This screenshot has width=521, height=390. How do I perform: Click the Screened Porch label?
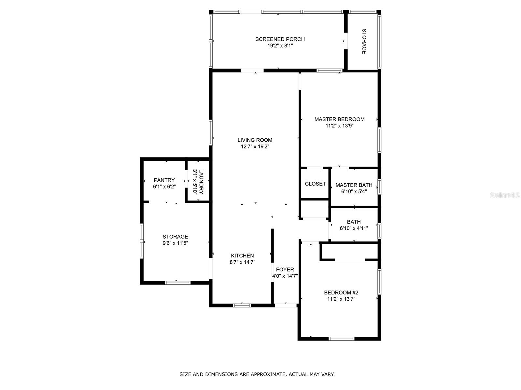click(280, 39)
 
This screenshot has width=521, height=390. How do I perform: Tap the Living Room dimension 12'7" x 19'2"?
click(255, 147)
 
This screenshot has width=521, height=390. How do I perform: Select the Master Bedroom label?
click(339, 119)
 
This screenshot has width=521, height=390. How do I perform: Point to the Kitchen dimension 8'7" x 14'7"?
click(242, 262)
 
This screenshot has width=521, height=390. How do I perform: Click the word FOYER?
click(285, 269)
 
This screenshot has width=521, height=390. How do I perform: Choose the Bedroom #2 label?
click(341, 292)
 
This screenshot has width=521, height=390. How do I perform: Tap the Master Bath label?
click(354, 185)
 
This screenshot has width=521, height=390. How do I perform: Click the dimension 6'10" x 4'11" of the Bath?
click(354, 228)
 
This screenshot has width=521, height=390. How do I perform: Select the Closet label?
click(315, 184)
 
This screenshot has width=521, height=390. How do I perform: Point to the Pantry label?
click(164, 180)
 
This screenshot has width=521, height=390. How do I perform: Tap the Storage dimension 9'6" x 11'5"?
click(175, 243)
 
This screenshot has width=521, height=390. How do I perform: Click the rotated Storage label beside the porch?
click(364, 42)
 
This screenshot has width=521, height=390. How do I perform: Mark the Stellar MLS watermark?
click(505, 195)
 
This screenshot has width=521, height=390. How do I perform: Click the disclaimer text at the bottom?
click(257, 374)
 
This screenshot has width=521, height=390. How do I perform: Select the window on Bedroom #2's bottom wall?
click(341, 339)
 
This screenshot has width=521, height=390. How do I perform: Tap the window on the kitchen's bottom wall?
click(242, 305)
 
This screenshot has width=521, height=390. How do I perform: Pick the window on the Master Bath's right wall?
click(379, 187)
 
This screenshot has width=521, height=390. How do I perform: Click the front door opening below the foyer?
click(286, 305)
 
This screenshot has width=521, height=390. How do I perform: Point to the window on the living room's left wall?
click(211, 132)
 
